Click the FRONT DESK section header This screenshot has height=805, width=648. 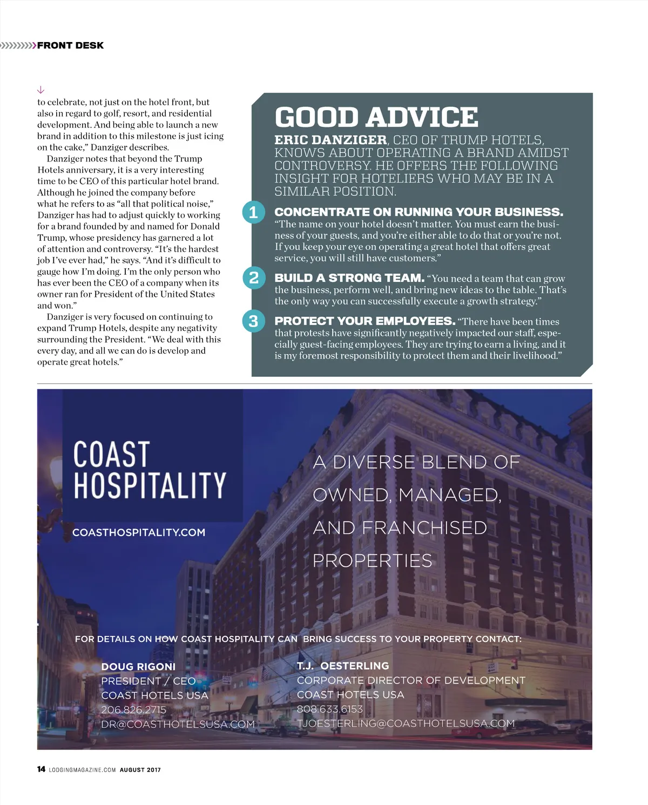click(70, 45)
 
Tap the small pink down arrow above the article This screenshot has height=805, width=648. click(40, 90)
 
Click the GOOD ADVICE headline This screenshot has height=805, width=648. click(376, 117)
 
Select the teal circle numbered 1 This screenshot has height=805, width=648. click(253, 212)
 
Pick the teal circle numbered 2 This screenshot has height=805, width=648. click(253, 278)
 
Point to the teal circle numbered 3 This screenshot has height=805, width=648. click(253, 321)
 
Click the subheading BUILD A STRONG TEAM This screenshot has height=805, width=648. click(349, 278)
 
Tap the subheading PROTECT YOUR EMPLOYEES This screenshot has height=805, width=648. click(364, 321)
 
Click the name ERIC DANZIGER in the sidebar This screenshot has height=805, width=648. click(330, 140)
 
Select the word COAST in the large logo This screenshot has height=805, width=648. click(111, 454)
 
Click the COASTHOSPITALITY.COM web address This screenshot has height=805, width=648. click(139, 532)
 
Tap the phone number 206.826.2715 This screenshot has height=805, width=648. click(133, 710)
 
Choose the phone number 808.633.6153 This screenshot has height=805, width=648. click(329, 709)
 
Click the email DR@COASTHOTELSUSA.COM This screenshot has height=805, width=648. click(178, 724)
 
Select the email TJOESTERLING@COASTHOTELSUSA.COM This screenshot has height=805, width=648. click(406, 723)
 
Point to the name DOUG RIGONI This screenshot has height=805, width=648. click(138, 667)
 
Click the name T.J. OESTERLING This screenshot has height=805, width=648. click(343, 666)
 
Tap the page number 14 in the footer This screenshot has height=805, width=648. click(41, 769)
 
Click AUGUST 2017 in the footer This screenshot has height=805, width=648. click(140, 770)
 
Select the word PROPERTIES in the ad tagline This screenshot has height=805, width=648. click(373, 560)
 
